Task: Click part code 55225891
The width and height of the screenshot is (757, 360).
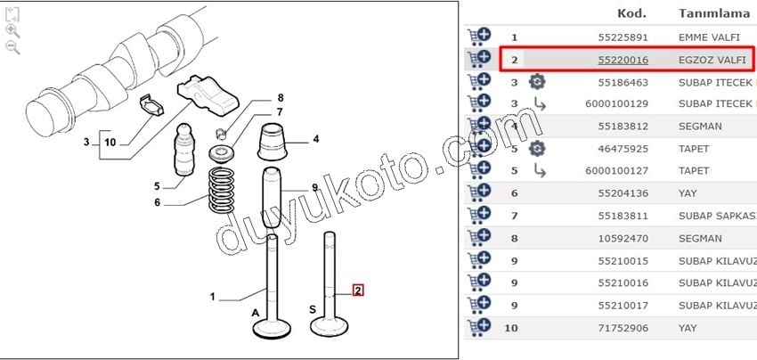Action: tap(623, 37)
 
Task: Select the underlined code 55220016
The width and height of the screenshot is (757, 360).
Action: tap(623, 60)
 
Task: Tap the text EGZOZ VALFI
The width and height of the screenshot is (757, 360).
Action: tap(712, 60)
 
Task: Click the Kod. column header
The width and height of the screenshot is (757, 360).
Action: tap(632, 13)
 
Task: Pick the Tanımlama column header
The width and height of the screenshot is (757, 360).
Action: tap(714, 13)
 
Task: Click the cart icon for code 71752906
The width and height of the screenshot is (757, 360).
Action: tap(479, 327)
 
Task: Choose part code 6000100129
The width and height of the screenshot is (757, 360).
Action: tap(616, 104)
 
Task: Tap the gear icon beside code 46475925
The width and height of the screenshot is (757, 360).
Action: tap(537, 148)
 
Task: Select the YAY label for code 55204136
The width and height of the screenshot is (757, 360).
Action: tap(688, 193)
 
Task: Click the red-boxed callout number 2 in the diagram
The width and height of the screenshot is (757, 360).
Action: tap(358, 290)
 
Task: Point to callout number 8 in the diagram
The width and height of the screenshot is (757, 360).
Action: tap(280, 98)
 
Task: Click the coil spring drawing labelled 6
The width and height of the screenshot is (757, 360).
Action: tap(221, 190)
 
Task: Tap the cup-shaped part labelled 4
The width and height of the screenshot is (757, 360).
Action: tap(273, 142)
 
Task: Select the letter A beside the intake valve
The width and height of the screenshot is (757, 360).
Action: tap(256, 313)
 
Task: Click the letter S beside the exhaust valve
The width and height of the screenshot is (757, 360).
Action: tap(313, 309)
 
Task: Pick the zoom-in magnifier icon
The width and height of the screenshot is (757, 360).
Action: tap(12, 31)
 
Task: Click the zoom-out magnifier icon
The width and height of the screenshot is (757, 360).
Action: tap(12, 47)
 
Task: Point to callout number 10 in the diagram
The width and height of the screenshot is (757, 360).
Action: tap(110, 142)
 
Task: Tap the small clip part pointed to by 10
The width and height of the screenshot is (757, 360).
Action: tap(151, 106)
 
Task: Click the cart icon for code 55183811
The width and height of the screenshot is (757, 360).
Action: tap(479, 215)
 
